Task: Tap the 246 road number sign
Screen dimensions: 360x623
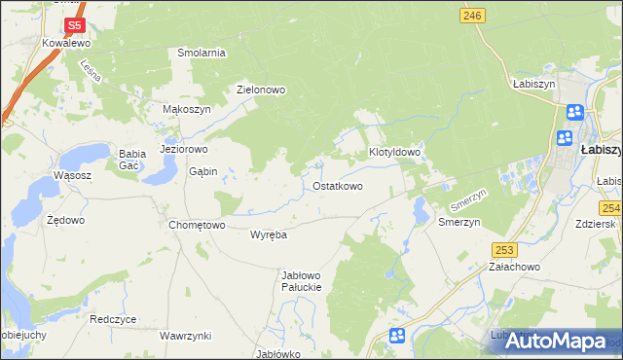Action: (x=472, y=15)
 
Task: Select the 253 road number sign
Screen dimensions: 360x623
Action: (x=503, y=250)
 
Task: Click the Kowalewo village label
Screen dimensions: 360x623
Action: (x=66, y=44)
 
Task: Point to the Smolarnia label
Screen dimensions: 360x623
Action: (x=202, y=53)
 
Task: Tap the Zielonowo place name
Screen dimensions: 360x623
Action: (x=261, y=90)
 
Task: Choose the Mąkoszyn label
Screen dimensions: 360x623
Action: (x=186, y=110)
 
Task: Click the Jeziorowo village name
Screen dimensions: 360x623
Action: (x=184, y=150)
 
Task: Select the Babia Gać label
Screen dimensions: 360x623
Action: (x=131, y=159)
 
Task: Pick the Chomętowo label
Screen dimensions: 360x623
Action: (x=198, y=225)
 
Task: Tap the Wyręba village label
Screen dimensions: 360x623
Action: (x=268, y=235)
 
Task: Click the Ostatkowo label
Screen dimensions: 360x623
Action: (x=338, y=186)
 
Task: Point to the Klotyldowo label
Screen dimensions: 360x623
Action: (x=394, y=153)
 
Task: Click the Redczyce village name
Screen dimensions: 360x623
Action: (x=113, y=319)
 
